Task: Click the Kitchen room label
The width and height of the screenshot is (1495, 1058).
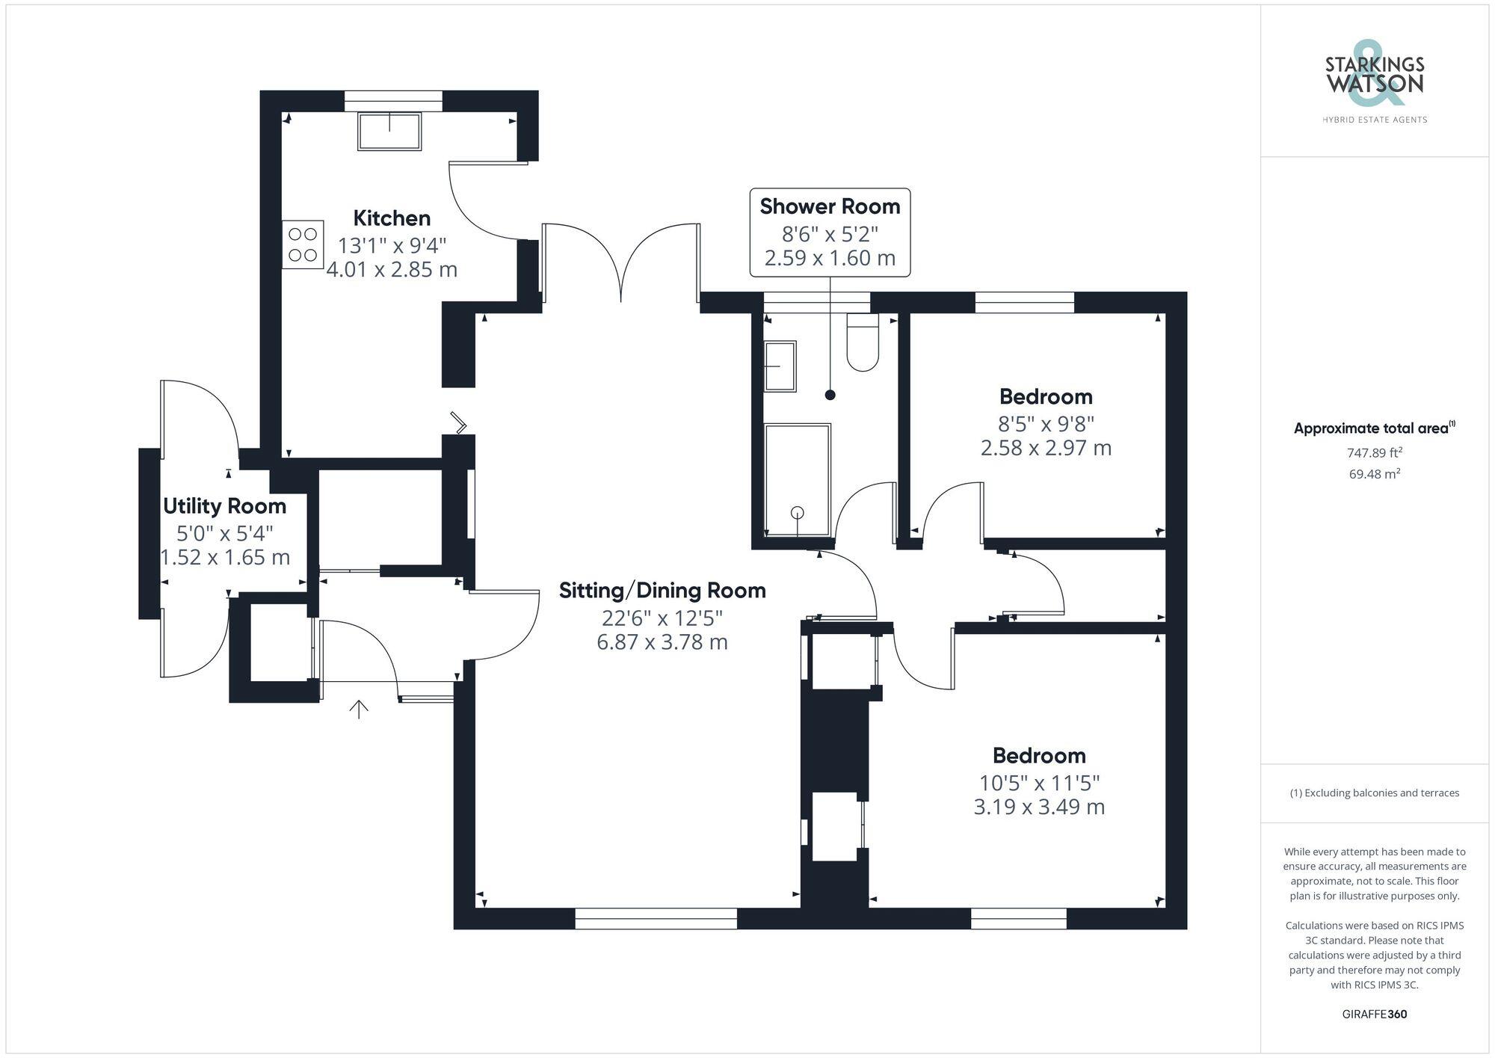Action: (392, 218)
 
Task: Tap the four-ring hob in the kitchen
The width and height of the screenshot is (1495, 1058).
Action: (303, 244)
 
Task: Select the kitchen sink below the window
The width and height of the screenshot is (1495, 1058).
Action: (389, 131)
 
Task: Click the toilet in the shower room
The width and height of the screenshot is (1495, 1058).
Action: (863, 343)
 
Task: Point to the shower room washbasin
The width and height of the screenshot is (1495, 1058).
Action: (780, 366)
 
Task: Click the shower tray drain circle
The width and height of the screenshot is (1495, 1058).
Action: (798, 512)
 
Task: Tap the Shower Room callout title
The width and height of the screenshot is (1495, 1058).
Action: (830, 206)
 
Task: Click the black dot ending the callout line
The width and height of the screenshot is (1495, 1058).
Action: (830, 395)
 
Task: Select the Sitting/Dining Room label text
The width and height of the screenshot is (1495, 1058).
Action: (662, 591)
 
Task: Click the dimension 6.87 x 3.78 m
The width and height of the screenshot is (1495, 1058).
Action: (662, 642)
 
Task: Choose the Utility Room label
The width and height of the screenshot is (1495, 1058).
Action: (224, 506)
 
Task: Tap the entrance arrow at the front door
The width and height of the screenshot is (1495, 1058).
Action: (359, 709)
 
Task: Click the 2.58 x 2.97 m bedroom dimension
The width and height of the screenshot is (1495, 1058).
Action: (1046, 448)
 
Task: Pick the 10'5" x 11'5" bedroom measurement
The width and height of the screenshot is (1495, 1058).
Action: (1039, 783)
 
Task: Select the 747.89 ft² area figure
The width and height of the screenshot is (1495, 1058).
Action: (1374, 452)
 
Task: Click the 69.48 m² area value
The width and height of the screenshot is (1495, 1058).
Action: (1374, 474)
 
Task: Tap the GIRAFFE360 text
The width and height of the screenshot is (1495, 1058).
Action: (1374, 1015)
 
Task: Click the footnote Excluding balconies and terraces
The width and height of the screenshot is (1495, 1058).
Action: (1374, 793)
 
